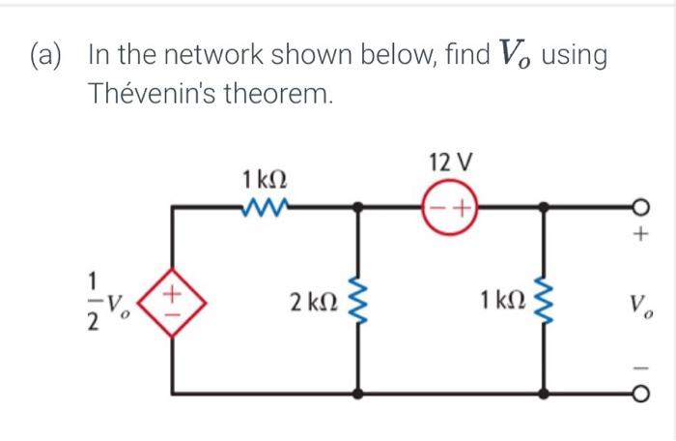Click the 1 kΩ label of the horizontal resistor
(265, 179)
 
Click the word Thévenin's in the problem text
(151, 95)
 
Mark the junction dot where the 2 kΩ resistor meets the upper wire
(360, 206)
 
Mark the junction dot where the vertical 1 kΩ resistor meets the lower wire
(546, 394)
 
